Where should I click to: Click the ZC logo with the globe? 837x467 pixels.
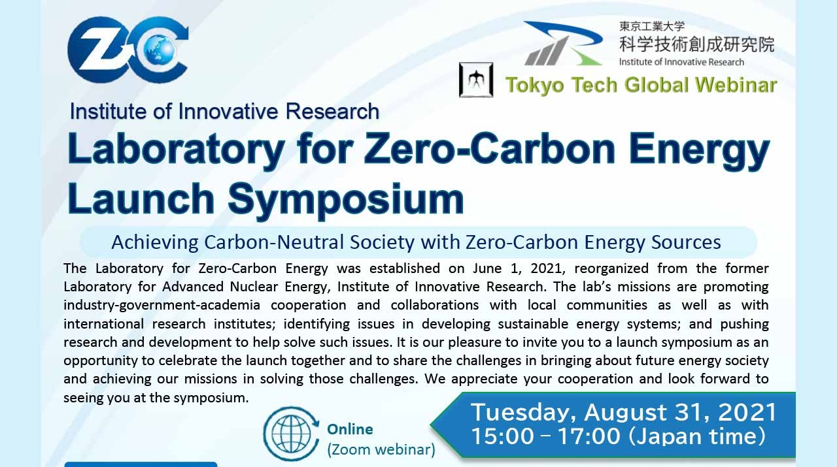pos(128,49)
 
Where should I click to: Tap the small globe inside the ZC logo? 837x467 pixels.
pos(155,47)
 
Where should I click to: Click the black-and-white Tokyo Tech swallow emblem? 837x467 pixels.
pos(475,80)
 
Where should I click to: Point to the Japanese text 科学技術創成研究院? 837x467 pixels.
pos(696,44)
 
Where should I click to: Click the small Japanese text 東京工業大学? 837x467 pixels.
pos(652,27)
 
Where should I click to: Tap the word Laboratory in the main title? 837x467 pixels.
pos(175,150)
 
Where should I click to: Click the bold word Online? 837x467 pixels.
pos(350,429)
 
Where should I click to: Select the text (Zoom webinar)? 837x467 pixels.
pos(381,449)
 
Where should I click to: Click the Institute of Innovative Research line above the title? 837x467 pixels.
pos(224,112)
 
